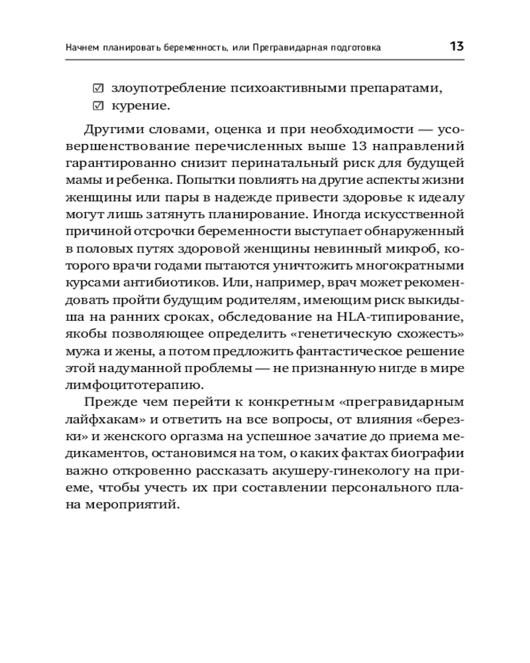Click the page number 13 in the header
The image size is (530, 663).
tap(456, 46)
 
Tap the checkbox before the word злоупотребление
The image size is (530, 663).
tap(98, 88)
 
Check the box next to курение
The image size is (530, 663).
tap(98, 105)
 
